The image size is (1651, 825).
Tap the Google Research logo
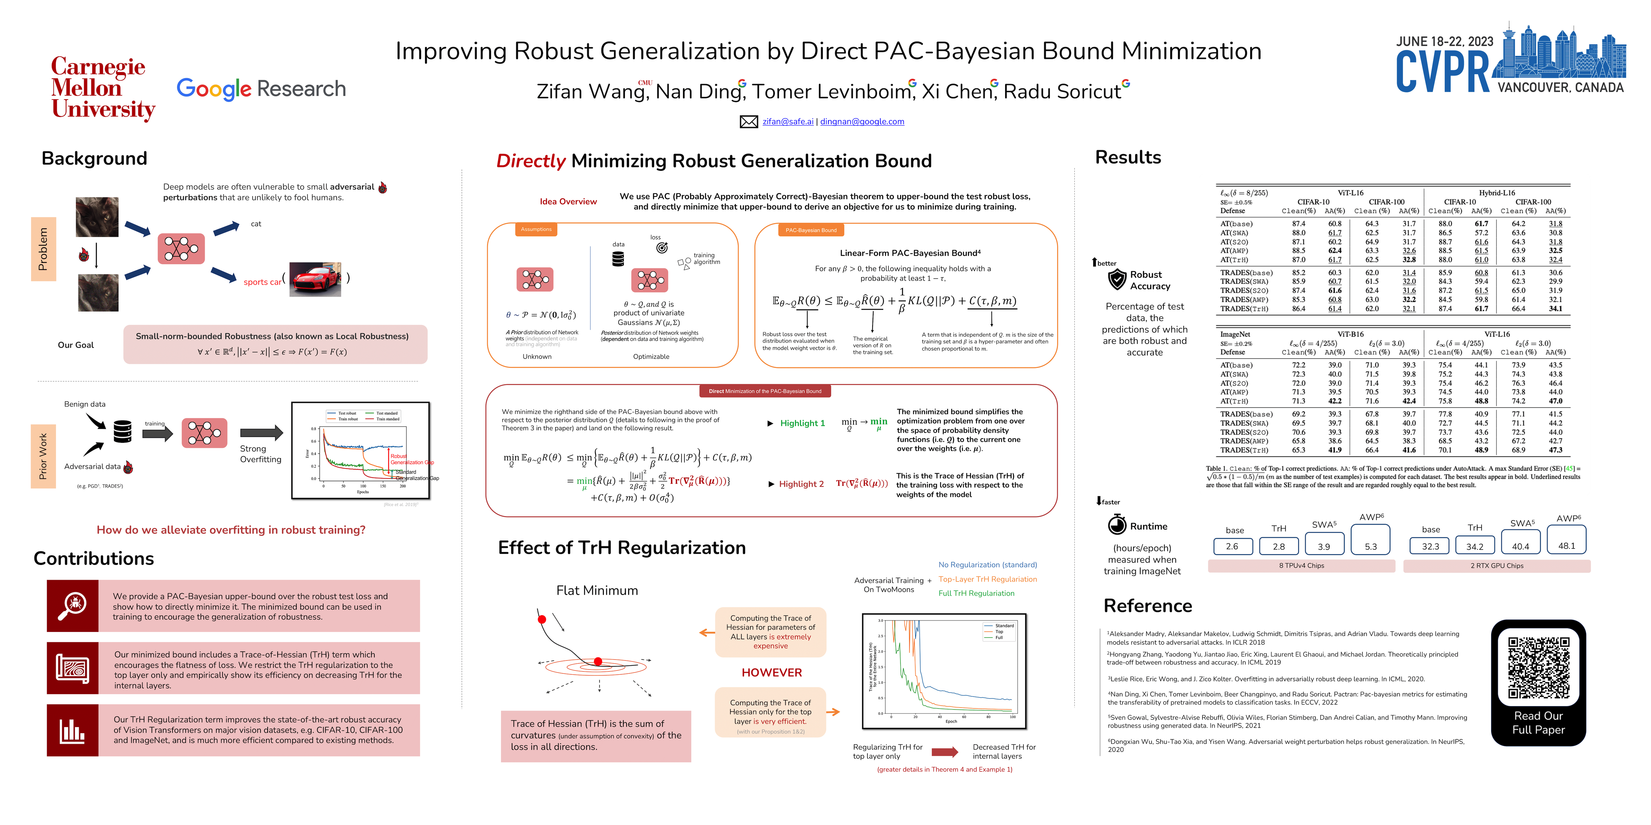pyautogui.click(x=261, y=88)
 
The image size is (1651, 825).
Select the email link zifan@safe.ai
pyautogui.click(x=788, y=122)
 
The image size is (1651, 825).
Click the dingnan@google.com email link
pyautogui.click(x=862, y=122)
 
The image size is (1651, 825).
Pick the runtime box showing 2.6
pyautogui.click(x=1232, y=546)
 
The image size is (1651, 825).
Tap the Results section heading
pyautogui.click(x=1128, y=158)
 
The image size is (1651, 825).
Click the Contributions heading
pyautogui.click(x=94, y=558)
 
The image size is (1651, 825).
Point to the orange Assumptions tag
pyautogui.click(x=536, y=229)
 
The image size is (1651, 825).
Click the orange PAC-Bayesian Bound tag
pyautogui.click(x=811, y=230)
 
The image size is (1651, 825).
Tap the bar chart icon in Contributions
pyautogui.click(x=73, y=731)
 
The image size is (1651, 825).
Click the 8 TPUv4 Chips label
pyautogui.click(x=1301, y=566)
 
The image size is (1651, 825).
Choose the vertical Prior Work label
pyautogui.click(x=43, y=456)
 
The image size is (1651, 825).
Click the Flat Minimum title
pyautogui.click(x=597, y=591)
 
